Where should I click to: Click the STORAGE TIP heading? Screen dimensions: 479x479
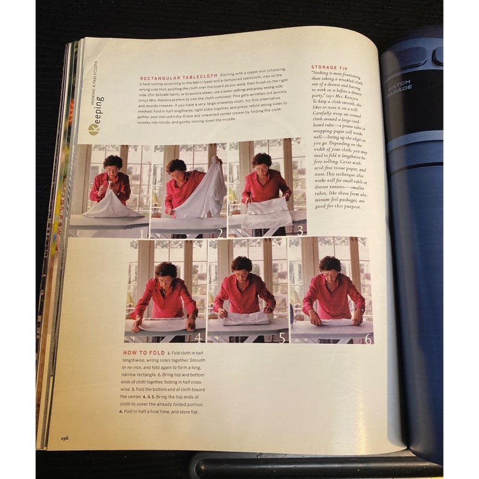(329, 67)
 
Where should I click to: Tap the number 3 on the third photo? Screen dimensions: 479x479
(299, 229)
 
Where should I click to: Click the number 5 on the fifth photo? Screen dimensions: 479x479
(281, 338)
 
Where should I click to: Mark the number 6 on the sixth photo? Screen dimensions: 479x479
(367, 338)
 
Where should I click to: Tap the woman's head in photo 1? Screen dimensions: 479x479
(112, 163)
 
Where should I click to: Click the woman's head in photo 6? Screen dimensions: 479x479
(331, 267)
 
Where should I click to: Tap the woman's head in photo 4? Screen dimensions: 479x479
(166, 272)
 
